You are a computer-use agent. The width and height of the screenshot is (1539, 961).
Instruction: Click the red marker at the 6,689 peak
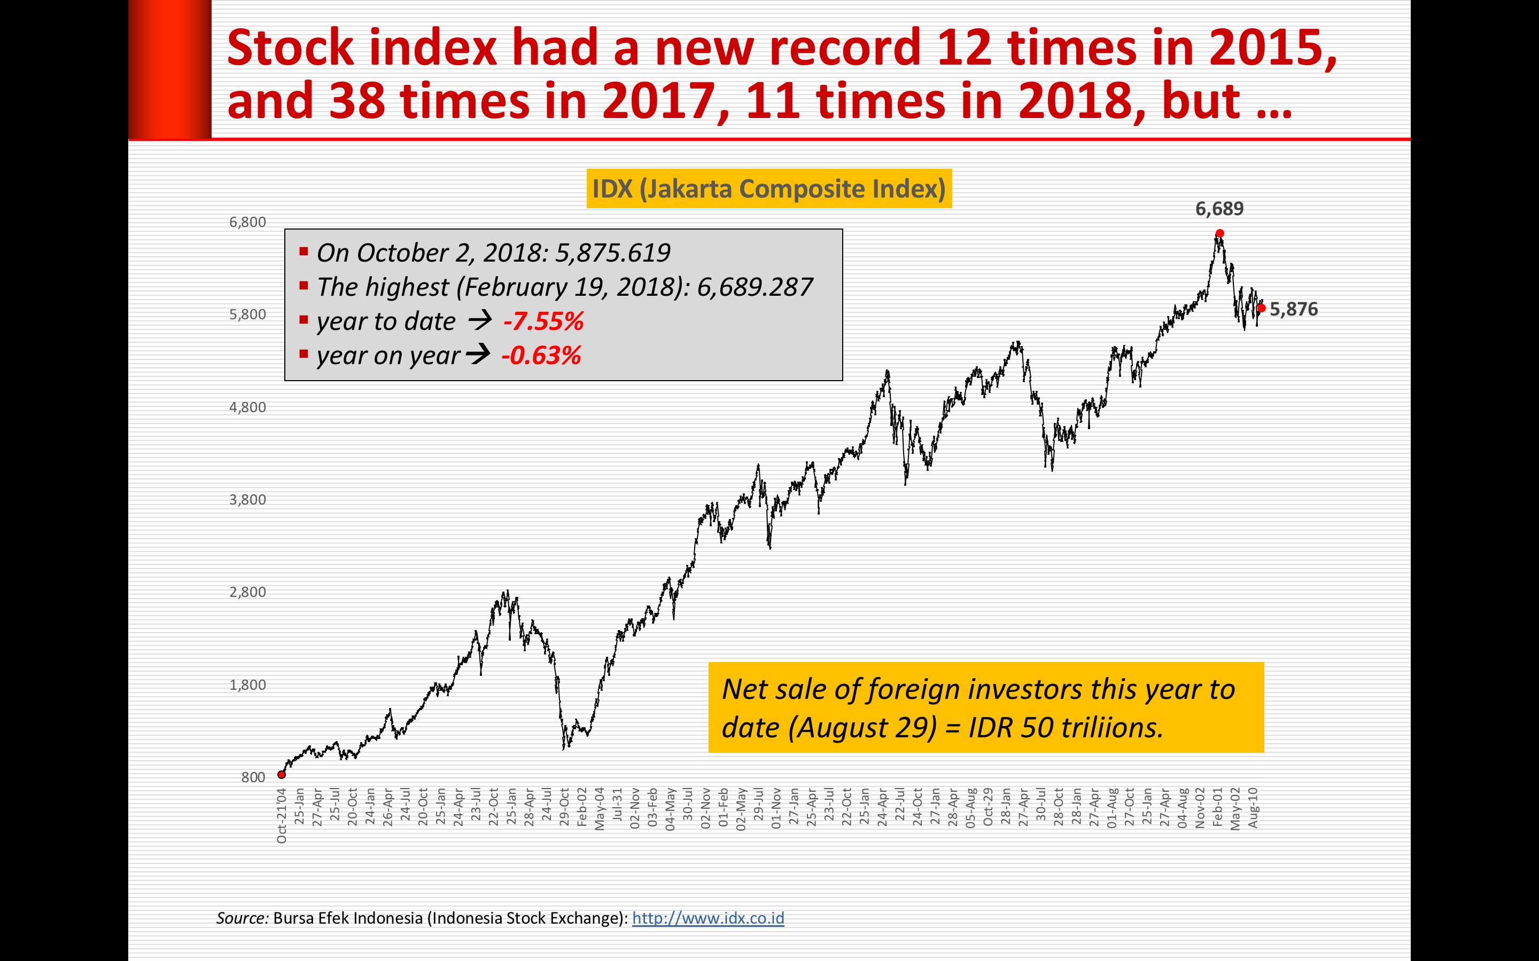(1219, 234)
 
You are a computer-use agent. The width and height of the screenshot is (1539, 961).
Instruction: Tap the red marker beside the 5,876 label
(1262, 308)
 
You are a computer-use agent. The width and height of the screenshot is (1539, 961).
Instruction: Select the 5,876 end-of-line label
(1294, 310)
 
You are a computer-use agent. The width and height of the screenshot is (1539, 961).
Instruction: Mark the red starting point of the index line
(282, 774)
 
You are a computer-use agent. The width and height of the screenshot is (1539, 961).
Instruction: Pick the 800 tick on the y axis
(253, 777)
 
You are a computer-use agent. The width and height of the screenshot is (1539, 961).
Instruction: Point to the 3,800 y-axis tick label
(247, 500)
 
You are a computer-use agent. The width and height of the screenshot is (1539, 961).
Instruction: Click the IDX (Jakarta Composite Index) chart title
(769, 189)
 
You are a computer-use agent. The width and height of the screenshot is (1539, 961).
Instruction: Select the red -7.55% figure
(543, 321)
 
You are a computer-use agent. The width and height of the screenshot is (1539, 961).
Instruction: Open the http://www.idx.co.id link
(708, 918)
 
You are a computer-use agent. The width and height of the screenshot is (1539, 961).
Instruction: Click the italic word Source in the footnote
(242, 918)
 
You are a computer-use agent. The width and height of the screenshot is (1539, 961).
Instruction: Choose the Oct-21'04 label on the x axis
(282, 815)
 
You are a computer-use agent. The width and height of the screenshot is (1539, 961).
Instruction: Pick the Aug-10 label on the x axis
(1253, 808)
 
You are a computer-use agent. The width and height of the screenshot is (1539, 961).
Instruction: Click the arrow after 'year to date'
(480, 320)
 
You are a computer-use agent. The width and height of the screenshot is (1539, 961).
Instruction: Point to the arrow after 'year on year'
(478, 354)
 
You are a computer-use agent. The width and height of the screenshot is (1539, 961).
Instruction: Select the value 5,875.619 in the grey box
(612, 253)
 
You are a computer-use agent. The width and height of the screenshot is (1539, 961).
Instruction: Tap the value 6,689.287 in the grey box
(755, 287)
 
